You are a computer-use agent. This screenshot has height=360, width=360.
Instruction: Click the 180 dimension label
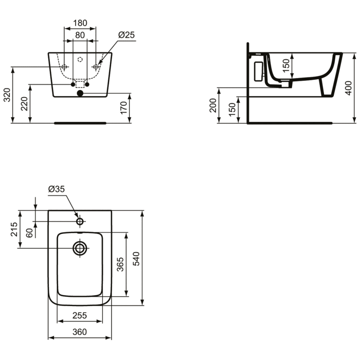point(80,23)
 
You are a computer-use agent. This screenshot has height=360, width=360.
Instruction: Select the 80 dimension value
point(80,35)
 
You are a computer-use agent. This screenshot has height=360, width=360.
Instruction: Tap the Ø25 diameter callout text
point(126,34)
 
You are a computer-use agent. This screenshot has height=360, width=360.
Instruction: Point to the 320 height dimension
point(6,95)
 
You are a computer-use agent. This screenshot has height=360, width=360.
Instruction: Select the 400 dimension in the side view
point(349,87)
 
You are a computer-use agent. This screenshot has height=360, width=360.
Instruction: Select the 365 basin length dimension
point(120,264)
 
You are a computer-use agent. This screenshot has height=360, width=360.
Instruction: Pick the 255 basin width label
point(79,315)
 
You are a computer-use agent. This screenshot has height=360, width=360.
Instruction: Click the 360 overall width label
point(79,332)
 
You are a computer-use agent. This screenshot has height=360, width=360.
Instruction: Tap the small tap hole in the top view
point(80,221)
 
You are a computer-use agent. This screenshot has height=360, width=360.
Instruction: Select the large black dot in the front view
point(80,94)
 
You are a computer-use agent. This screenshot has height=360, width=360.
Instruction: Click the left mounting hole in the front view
point(64,67)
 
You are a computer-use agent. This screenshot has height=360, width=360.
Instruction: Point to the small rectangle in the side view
point(258,70)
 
